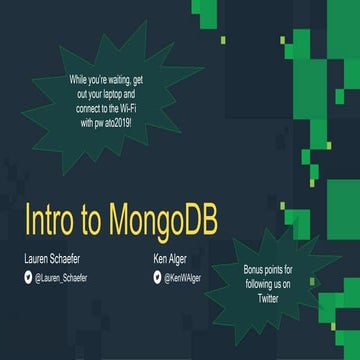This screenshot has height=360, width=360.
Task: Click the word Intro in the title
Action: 49,219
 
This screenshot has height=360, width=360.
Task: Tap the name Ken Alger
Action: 172,258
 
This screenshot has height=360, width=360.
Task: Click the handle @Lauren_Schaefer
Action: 61,278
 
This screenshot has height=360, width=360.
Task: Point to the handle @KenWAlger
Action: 183,278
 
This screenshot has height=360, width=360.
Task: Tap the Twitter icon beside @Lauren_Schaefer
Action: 28,278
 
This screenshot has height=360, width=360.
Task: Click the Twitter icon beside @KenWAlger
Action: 157,278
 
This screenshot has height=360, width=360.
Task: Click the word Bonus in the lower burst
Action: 256,269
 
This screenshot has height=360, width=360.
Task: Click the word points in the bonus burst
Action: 279,269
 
